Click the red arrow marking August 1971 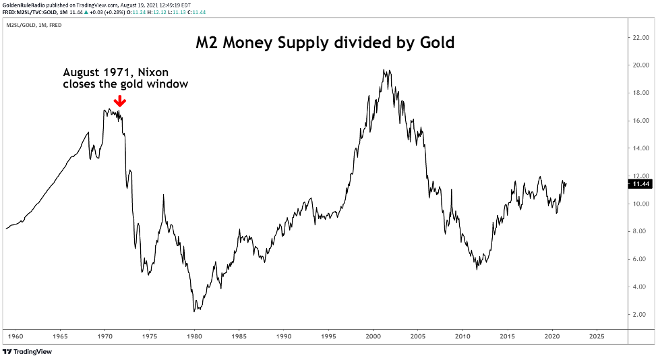click(x=119, y=100)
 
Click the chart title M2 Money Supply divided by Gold click(x=325, y=42)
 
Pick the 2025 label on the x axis click(x=596, y=335)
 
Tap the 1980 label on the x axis click(x=194, y=335)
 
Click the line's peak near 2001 click(x=384, y=69)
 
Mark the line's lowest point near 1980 click(x=194, y=311)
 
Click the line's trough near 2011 click(x=477, y=269)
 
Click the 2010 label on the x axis click(x=462, y=335)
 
